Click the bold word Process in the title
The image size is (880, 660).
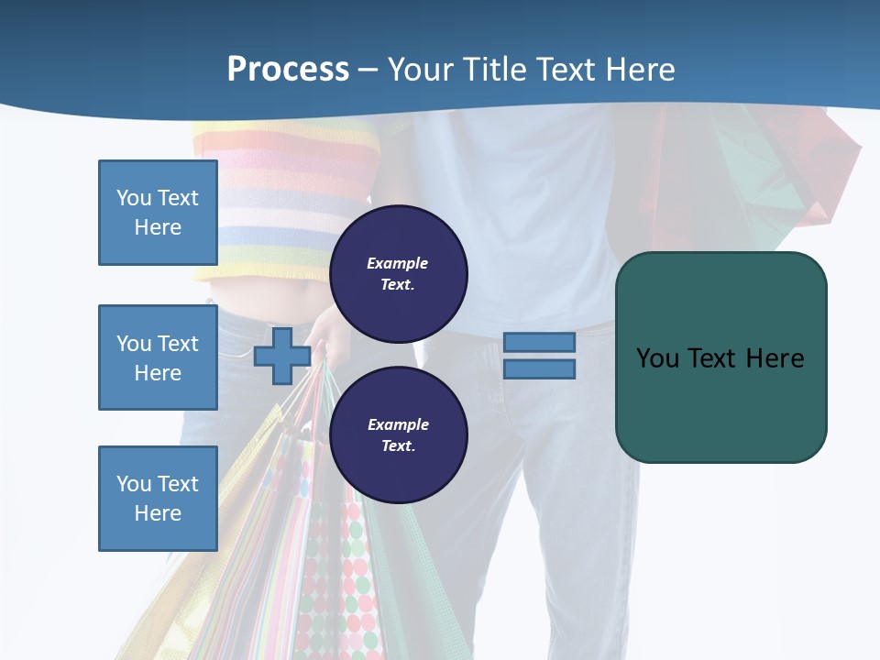(x=288, y=70)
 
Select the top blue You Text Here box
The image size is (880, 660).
(x=158, y=213)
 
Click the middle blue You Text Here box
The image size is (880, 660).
(x=158, y=357)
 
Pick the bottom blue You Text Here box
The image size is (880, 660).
(x=158, y=499)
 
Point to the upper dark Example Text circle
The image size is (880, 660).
(x=398, y=273)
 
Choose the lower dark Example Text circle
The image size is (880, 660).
(x=398, y=434)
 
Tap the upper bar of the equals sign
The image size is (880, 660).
(x=539, y=342)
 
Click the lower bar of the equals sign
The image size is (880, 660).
(x=539, y=369)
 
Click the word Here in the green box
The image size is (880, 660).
(x=775, y=358)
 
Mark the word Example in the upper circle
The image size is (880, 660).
(x=398, y=263)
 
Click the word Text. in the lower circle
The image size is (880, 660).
(x=398, y=446)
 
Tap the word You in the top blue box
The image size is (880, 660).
(x=133, y=198)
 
